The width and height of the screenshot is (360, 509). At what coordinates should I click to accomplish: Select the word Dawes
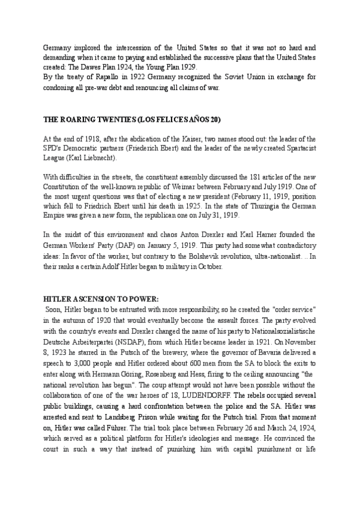pos(82,67)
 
